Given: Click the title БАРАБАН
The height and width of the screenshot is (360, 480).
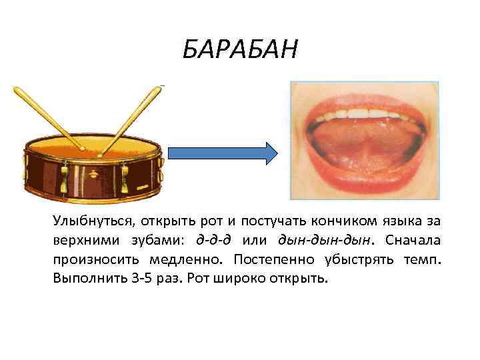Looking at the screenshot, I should pos(240,49).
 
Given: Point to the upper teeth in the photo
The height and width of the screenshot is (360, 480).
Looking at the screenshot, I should pos(363,115).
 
